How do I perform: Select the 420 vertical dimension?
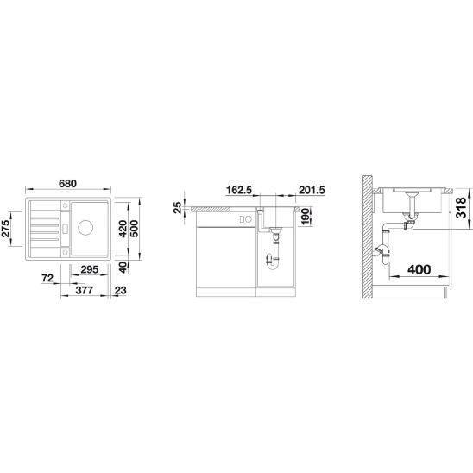124,228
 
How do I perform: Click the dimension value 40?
124,267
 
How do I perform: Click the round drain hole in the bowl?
88,230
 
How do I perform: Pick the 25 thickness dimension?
177,207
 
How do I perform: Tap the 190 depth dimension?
305,223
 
